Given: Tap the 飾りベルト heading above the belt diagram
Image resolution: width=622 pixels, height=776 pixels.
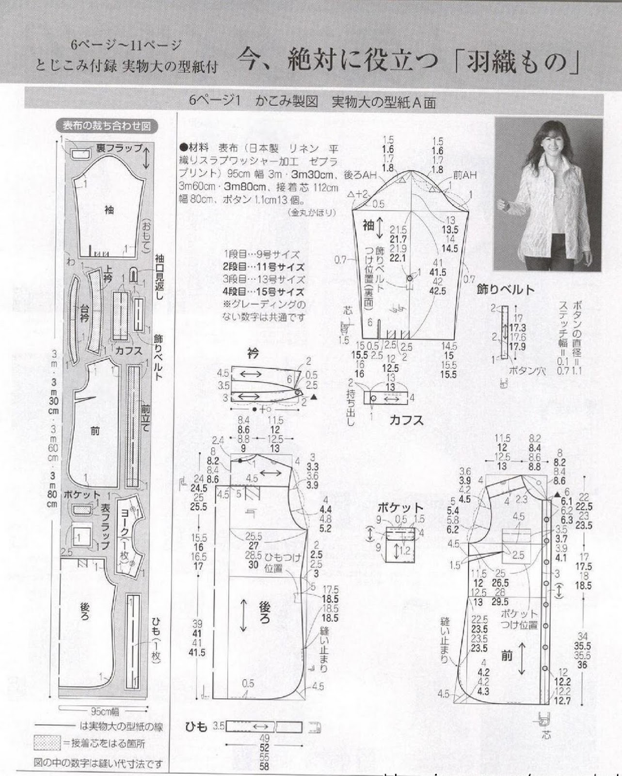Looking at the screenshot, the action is coord(506,290).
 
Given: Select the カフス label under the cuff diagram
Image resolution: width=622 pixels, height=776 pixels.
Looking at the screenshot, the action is coord(406,420).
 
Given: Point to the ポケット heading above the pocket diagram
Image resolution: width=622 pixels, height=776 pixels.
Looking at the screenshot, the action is coord(400,508).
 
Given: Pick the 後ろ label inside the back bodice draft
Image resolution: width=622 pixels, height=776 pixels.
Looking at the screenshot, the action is coord(264,613).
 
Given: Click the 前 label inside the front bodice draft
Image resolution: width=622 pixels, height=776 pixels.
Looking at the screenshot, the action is coord(507,656).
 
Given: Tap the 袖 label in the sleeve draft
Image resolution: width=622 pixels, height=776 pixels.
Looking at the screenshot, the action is coord(368,225).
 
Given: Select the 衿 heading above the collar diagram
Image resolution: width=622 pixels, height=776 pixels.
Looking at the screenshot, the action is coord(253,354).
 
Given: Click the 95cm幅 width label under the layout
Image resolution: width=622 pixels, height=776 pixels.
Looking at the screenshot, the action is coord(105,711).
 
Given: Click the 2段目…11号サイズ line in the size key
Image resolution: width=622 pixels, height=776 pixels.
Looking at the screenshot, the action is coord(263,267).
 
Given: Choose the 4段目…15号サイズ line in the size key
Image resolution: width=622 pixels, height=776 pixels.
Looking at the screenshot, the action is coord(263,292).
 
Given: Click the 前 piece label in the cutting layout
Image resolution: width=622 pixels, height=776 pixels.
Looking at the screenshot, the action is coord(95,430).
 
